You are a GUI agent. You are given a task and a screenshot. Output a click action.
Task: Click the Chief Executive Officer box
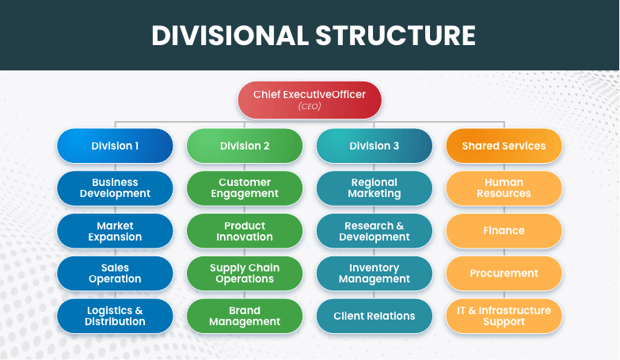click(310, 100)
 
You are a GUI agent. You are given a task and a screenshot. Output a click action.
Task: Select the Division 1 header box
click(115, 146)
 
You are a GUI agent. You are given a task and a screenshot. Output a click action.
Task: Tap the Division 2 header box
click(245, 146)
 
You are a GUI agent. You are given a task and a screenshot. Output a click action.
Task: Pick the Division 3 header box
click(375, 146)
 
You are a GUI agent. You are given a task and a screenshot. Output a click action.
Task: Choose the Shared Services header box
click(504, 146)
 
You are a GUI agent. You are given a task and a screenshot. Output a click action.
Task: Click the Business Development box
click(115, 188)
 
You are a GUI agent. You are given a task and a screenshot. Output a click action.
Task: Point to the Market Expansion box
click(115, 231)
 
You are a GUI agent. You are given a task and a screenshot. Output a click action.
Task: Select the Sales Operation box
click(115, 273)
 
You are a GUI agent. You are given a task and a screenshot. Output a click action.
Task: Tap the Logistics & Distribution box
click(115, 316)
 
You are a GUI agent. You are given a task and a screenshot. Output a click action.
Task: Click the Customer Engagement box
click(245, 188)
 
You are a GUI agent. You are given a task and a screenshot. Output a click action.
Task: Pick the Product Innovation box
click(245, 231)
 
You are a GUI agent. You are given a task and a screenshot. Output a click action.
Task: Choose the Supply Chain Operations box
click(245, 273)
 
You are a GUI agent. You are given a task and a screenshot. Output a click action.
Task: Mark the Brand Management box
click(245, 316)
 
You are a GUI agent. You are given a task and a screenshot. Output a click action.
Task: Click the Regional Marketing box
click(375, 188)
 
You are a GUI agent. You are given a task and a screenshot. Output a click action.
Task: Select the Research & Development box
click(375, 231)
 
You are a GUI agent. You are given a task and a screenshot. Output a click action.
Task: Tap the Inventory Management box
click(375, 273)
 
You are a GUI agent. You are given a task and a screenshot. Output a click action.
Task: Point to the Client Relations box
click(375, 316)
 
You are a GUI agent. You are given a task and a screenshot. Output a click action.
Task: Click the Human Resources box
click(504, 188)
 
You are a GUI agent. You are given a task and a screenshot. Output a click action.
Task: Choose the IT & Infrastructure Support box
click(504, 316)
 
